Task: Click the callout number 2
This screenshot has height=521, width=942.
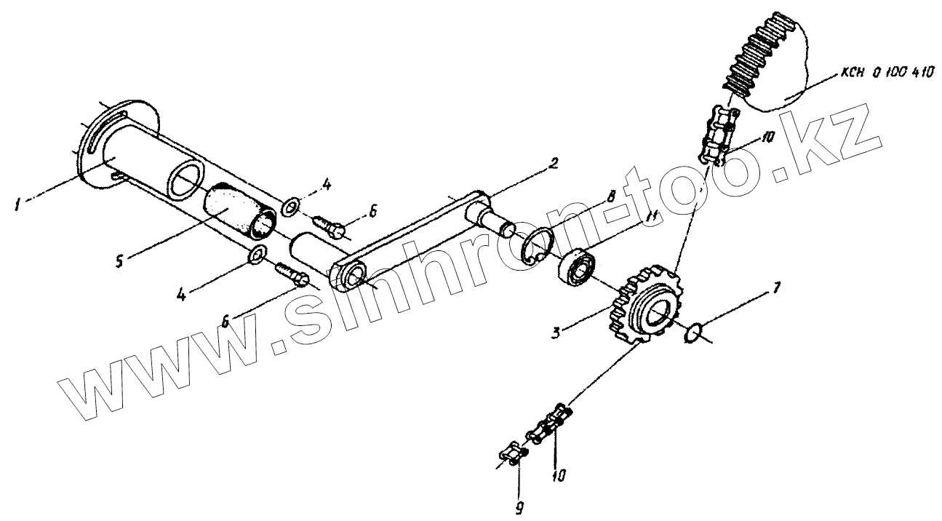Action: point(554,164)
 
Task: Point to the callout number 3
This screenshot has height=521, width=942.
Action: point(555,332)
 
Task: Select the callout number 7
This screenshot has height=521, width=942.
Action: point(777,288)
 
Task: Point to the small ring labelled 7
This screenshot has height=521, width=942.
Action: point(694,334)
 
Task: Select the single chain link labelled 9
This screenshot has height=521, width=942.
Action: point(512,455)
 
